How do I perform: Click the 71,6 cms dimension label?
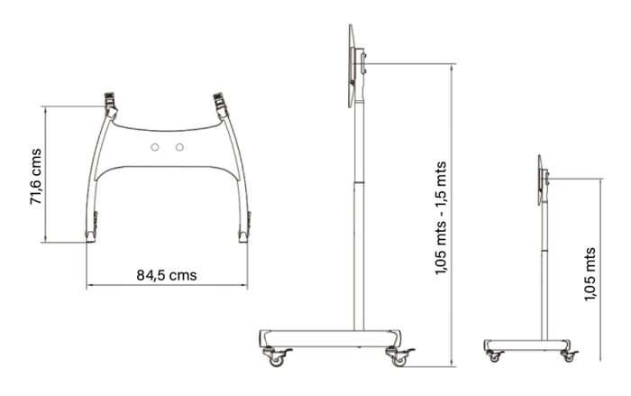point(36,177)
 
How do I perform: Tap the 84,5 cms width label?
point(167,275)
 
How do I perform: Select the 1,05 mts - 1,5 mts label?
point(441,218)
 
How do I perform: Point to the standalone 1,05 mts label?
point(590,274)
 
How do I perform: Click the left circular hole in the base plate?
point(155,147)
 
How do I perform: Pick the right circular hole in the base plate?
point(179,147)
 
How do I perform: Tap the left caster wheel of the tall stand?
point(276,360)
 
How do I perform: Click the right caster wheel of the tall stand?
point(398,360)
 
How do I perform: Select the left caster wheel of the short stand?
point(495,357)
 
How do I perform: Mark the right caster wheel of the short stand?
point(569,357)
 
